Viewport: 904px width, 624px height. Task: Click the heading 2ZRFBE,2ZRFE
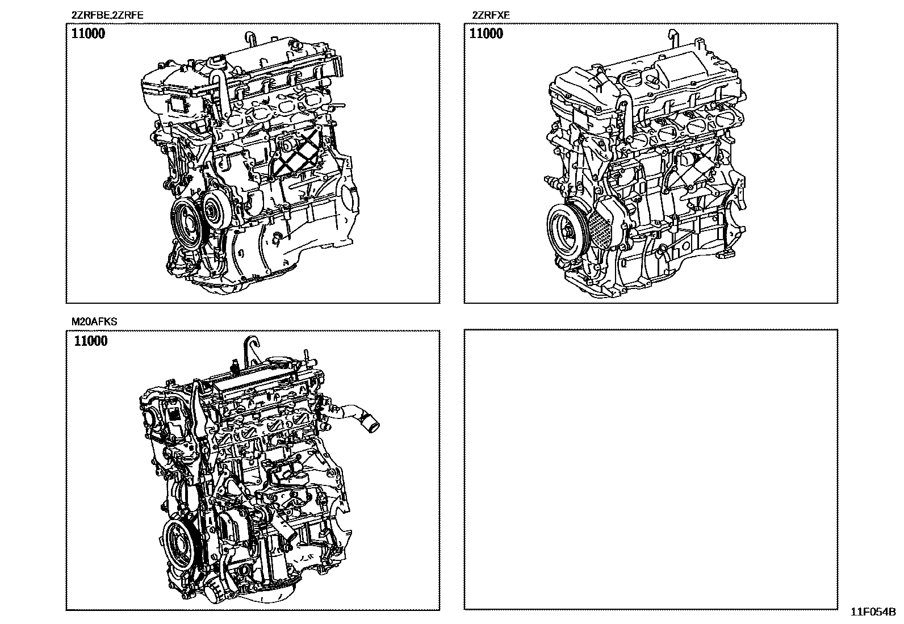click(x=107, y=15)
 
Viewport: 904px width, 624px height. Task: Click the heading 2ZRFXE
click(x=491, y=15)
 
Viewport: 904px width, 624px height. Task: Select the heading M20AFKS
click(x=94, y=322)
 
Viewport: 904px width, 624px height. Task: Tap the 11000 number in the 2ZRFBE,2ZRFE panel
click(x=88, y=33)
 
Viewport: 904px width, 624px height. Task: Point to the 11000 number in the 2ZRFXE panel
click(x=486, y=33)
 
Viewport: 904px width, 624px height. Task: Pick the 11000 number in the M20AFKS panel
click(x=91, y=341)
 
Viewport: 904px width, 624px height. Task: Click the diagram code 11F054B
click(x=873, y=612)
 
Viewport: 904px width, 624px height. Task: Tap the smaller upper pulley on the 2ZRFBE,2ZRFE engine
click(x=215, y=209)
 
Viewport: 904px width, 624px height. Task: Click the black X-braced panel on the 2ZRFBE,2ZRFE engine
click(x=298, y=152)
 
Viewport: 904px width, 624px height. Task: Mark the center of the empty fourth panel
click(x=651, y=469)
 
